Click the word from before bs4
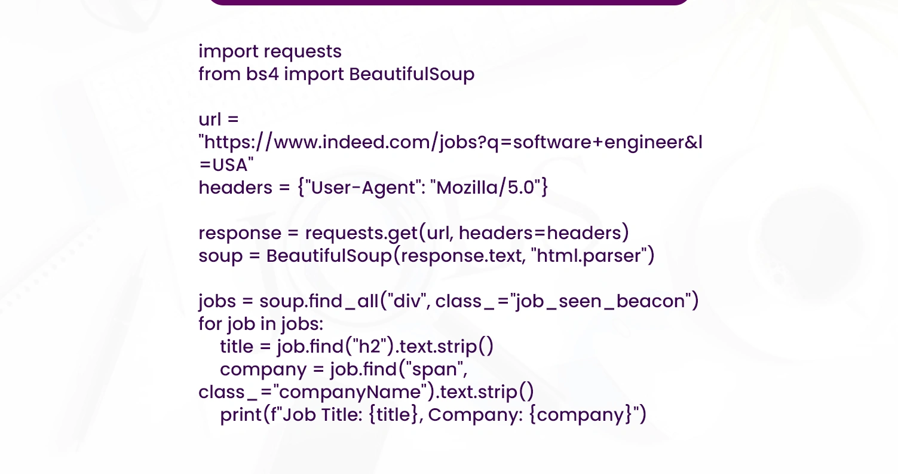click(220, 75)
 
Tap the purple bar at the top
click(448, 2)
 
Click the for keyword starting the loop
click(210, 324)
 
